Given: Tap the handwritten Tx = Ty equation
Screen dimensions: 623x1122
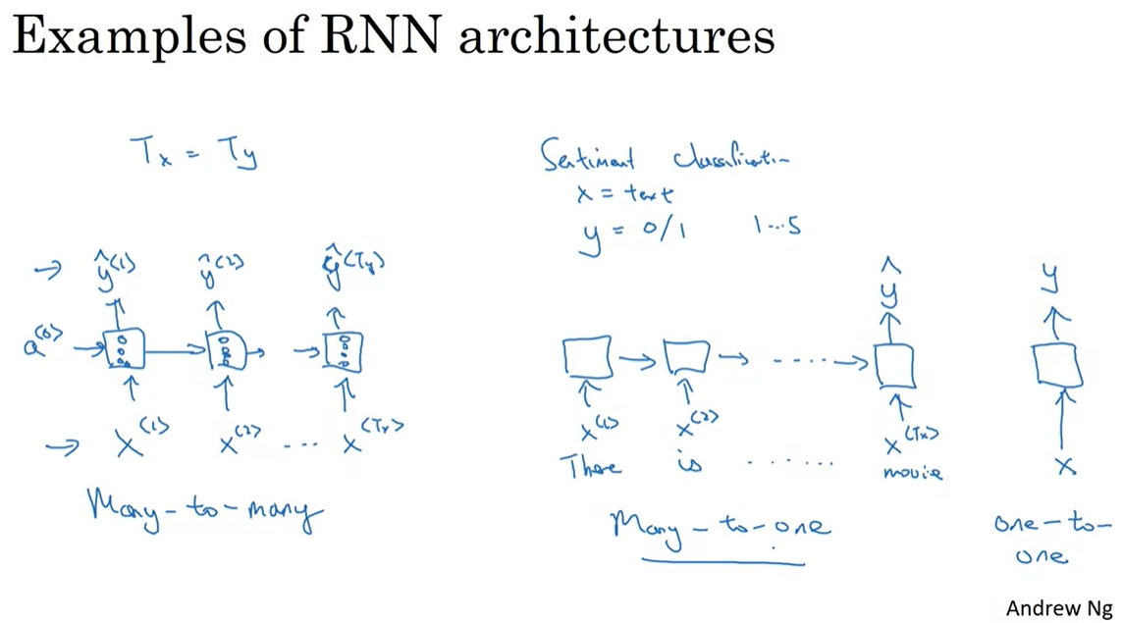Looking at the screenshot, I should tap(193, 153).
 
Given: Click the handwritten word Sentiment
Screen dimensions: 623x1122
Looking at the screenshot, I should tap(589, 157).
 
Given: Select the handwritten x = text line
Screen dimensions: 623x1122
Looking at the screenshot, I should tap(624, 194).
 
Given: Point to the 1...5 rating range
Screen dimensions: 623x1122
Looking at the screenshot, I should tap(776, 227).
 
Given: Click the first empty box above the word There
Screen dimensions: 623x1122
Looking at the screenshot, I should tap(587, 357).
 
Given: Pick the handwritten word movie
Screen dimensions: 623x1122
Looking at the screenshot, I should tap(912, 472).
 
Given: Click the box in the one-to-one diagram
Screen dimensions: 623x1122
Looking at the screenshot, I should tap(1057, 365).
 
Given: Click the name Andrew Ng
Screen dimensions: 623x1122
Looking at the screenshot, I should tap(1058, 607).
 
